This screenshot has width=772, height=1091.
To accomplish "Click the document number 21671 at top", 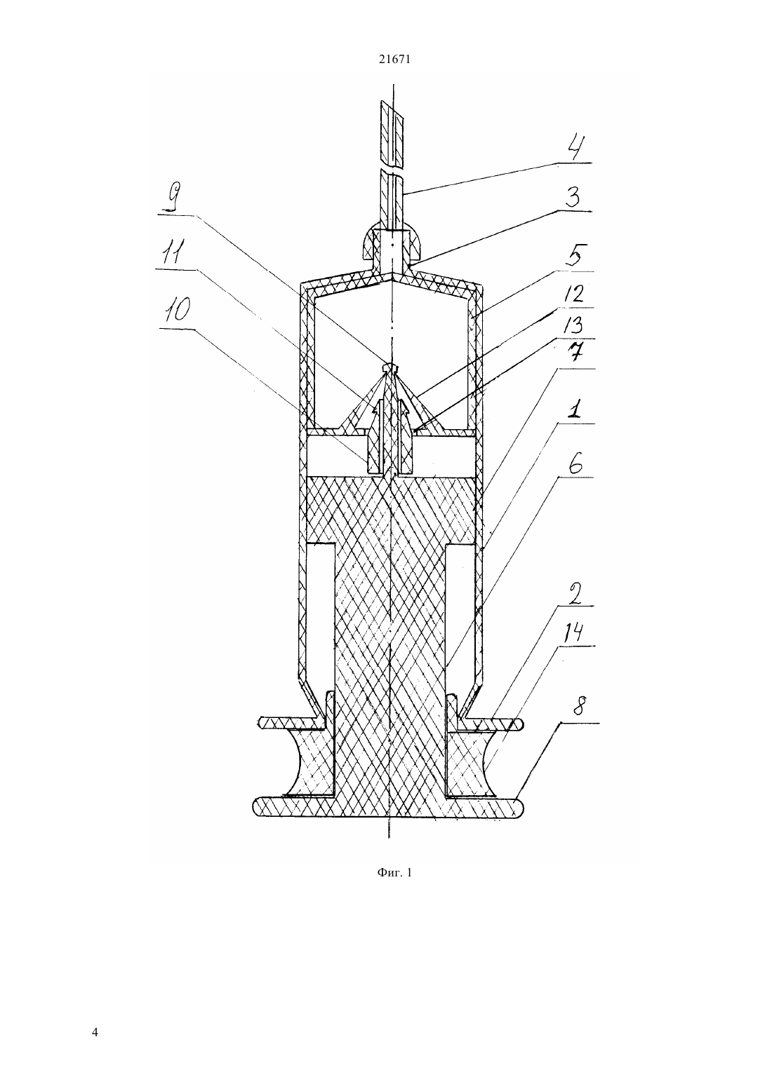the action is tap(394, 60).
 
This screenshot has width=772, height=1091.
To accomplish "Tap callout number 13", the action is tap(575, 325).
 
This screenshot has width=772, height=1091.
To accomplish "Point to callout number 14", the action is tap(576, 632).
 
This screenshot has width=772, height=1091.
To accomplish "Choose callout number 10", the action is tap(175, 311).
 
